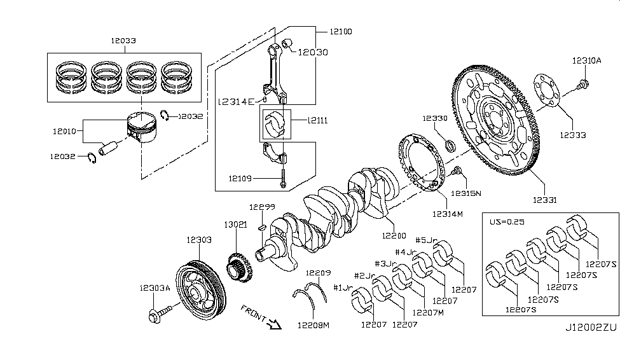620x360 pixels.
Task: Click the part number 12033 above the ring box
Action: (123, 40)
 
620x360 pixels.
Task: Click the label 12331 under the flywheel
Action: (544, 200)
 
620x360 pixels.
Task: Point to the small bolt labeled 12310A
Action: (584, 83)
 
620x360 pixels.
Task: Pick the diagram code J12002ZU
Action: (591, 328)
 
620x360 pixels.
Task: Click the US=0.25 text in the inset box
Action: (507, 221)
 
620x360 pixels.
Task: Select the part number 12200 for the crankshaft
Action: (394, 236)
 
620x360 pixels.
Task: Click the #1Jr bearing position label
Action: (343, 287)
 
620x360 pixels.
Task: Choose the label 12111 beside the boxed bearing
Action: (318, 120)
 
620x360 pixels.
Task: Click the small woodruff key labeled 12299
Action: (261, 228)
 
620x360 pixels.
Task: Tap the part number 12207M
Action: (428, 313)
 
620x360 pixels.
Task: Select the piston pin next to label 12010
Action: (109, 147)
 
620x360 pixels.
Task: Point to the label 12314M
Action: (447, 214)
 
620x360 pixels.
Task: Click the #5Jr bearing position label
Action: (426, 240)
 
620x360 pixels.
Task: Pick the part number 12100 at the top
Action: (340, 32)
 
